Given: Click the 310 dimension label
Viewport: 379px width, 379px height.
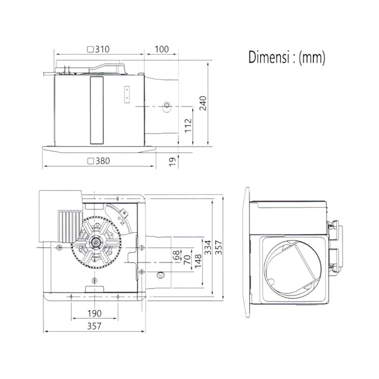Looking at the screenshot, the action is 102,49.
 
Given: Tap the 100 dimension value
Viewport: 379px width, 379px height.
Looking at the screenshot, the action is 162,49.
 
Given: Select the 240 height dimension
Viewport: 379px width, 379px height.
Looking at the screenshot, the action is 203,103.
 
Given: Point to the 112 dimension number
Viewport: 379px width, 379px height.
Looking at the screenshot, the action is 188,126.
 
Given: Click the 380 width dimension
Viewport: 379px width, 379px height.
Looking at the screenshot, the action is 102,161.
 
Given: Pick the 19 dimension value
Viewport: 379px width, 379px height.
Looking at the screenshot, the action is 172,162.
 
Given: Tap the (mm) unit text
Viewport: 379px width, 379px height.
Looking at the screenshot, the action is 312,58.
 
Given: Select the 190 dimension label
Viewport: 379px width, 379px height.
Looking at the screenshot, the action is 95,313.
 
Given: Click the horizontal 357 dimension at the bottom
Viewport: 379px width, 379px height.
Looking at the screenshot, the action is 94,326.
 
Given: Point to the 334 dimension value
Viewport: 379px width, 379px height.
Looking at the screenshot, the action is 208,247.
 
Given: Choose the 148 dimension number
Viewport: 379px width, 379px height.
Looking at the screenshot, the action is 198,261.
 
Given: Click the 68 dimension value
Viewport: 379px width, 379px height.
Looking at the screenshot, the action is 177,255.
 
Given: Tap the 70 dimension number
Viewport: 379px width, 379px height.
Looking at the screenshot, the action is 187,259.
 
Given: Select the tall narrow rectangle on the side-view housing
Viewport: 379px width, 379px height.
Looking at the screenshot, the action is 97,110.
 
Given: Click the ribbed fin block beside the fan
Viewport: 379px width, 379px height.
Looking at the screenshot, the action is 70,227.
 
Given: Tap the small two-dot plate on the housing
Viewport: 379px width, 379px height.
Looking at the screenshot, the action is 127,95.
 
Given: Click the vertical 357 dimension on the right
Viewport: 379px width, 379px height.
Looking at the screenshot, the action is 219,247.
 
